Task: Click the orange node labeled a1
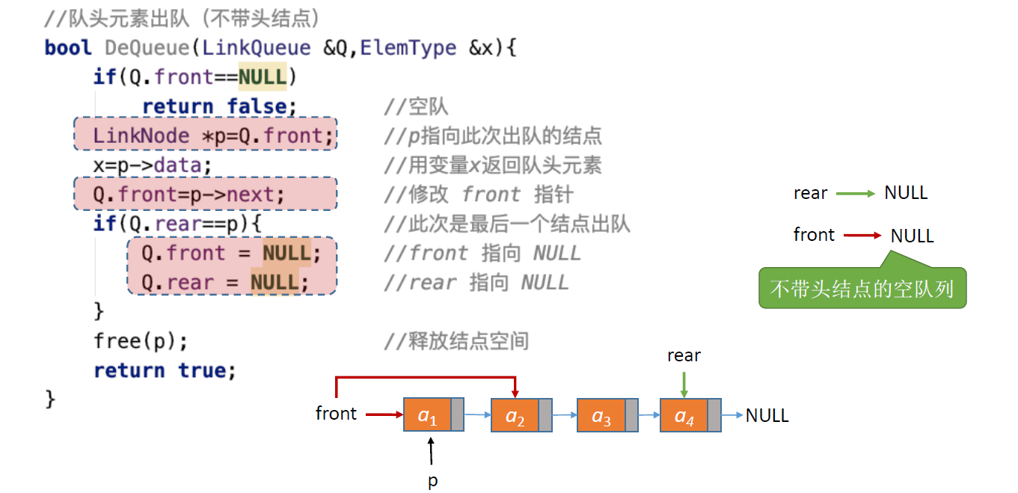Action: click(427, 415)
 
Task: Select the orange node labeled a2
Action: click(515, 415)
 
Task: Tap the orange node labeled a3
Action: click(601, 415)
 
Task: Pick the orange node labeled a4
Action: click(684, 415)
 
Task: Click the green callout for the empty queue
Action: click(862, 289)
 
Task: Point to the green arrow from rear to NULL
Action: click(856, 194)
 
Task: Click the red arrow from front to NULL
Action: click(863, 236)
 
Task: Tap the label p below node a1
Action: click(432, 481)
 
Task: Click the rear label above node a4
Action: click(684, 356)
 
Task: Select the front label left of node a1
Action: click(336, 414)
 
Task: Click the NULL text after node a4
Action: click(767, 415)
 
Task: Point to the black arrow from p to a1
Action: click(432, 452)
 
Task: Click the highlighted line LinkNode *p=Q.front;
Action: click(206, 135)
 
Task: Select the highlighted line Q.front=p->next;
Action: click(206, 195)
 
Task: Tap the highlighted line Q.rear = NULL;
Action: click(232, 282)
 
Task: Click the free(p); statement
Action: click(141, 341)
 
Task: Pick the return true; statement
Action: click(165, 370)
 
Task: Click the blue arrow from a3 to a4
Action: click(649, 415)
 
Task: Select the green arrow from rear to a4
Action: click(684, 384)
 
